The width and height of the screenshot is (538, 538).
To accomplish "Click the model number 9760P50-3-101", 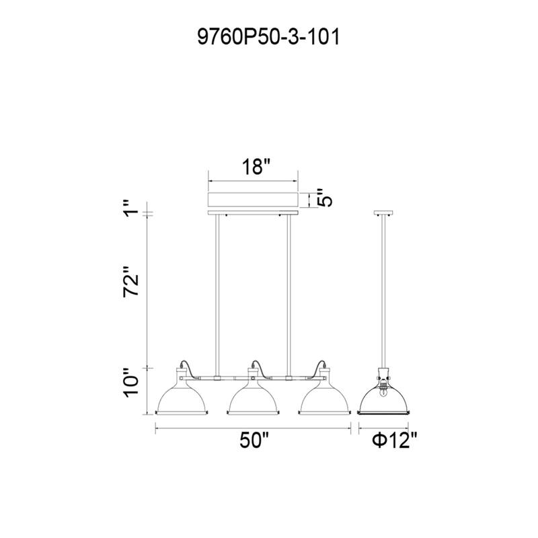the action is click(268, 37).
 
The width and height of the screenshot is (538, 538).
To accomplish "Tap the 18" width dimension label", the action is click(256, 167).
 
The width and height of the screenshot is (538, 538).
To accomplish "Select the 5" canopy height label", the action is click(325, 197).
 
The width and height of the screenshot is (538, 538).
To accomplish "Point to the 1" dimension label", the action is click(132, 208).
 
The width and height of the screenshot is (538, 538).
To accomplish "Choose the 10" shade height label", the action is click(132, 383).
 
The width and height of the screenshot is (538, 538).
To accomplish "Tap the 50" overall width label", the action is click(254, 440).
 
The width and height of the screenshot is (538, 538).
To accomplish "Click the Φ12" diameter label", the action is click(395, 440).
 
